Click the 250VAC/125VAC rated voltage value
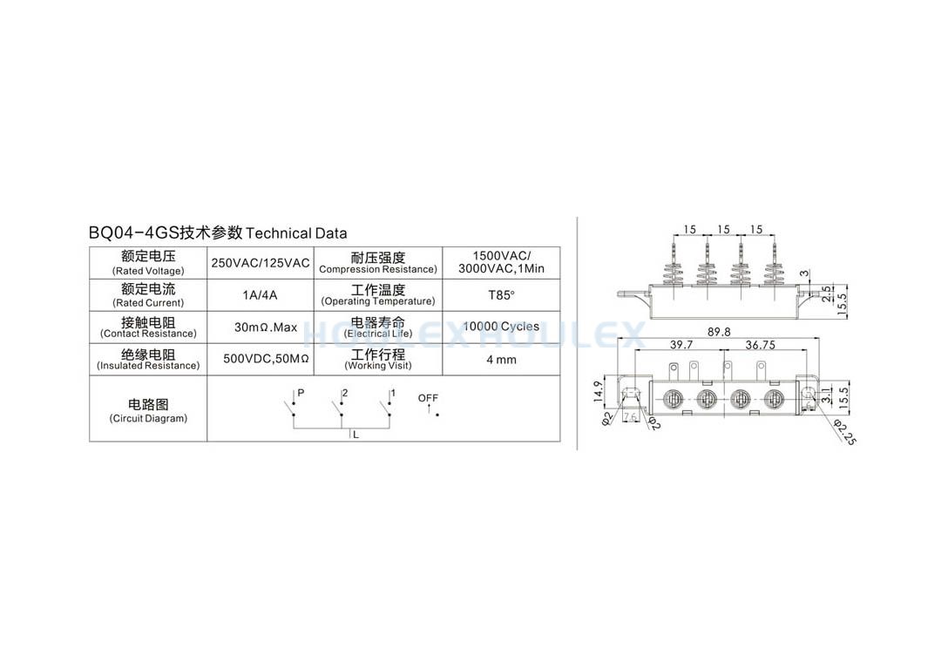pyautogui.click(x=260, y=263)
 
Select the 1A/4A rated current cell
pyautogui.click(x=260, y=295)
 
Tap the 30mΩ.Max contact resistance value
pyautogui.click(x=266, y=327)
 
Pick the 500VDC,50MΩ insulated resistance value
pyautogui.click(x=266, y=359)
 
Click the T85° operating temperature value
pyautogui.click(x=501, y=295)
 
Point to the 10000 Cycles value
pyautogui.click(x=501, y=327)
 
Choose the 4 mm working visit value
pyautogui.click(x=501, y=360)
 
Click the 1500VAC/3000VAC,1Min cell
pyautogui.click(x=501, y=262)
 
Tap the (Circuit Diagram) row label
pyautogui.click(x=148, y=418)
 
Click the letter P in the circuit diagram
pyautogui.click(x=301, y=393)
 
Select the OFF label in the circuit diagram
pyautogui.click(x=428, y=398)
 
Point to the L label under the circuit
pyautogui.click(x=356, y=435)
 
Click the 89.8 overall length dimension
pyautogui.click(x=719, y=332)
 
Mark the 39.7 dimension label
pyautogui.click(x=681, y=345)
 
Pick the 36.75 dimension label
pyautogui.click(x=760, y=345)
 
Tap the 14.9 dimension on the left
pyautogui.click(x=599, y=392)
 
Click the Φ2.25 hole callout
pyautogui.click(x=844, y=432)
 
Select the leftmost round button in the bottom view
pyautogui.click(x=673, y=398)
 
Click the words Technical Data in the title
pyautogui.click(x=296, y=233)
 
